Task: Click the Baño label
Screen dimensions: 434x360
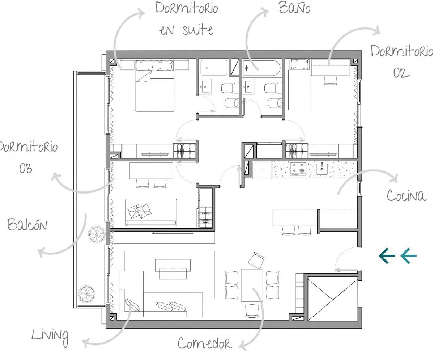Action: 294,8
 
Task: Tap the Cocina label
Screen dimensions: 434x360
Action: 407,195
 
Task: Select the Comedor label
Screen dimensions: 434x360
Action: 205,343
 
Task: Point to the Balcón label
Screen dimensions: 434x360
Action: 27,224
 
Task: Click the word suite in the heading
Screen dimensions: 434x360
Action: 198,30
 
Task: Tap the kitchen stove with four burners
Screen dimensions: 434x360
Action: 298,169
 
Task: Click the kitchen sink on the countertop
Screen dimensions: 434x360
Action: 322,169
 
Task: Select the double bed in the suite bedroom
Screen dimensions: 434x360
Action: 155,86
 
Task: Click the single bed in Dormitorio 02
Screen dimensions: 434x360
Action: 299,84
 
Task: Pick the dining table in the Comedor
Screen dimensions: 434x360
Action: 252,285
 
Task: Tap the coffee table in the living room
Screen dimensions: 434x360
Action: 173,269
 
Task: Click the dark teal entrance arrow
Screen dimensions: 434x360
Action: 387,256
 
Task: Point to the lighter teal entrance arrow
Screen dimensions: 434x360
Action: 408,256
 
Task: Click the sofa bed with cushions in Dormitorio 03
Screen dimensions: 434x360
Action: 151,212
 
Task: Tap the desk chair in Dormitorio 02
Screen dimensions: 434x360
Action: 330,80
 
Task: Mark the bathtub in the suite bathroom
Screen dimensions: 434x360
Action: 214,68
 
